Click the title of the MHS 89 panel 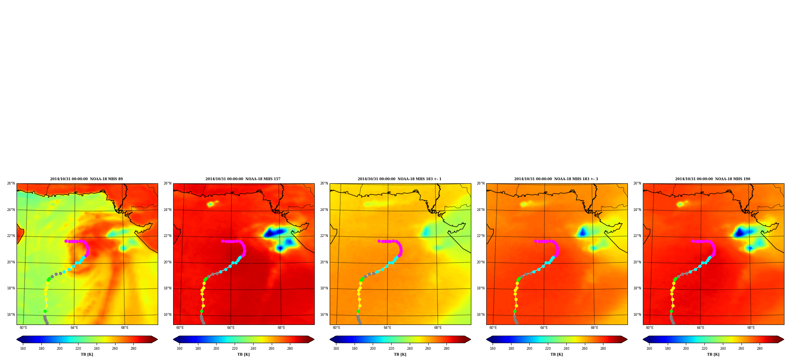86,179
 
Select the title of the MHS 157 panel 243,179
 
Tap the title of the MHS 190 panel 713,179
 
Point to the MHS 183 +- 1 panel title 400,179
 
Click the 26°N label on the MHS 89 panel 11,183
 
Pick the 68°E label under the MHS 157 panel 281,328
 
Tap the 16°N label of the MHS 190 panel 637,315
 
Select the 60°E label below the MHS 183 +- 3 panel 493,328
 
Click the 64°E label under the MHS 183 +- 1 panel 387,328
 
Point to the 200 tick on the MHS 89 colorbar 60,348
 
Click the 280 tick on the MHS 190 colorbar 760,348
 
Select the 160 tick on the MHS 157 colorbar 179,348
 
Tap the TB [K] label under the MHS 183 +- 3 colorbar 556,354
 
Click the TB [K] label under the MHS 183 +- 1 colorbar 400,354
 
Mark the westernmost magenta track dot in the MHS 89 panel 66,241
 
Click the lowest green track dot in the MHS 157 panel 202,311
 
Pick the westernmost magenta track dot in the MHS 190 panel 692,241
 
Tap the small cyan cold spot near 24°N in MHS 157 211,204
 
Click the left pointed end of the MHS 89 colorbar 17,339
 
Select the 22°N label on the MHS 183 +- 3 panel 480,236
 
